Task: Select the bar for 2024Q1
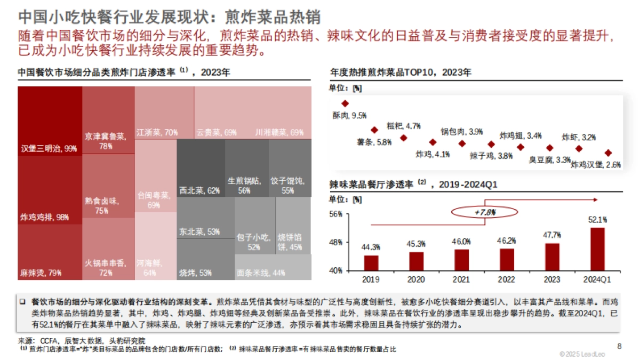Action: click(597, 249)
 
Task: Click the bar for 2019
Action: click(371, 263)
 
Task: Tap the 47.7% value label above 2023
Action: click(552, 235)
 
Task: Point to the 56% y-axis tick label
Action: click(335, 214)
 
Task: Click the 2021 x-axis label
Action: click(462, 279)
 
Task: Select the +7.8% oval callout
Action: click(477, 213)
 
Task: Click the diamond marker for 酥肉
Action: click(345, 103)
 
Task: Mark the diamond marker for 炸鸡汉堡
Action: click(607, 153)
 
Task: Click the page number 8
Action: click(619, 346)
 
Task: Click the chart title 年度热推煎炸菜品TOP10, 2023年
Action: click(401, 72)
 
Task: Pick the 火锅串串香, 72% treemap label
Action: click(106, 268)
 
